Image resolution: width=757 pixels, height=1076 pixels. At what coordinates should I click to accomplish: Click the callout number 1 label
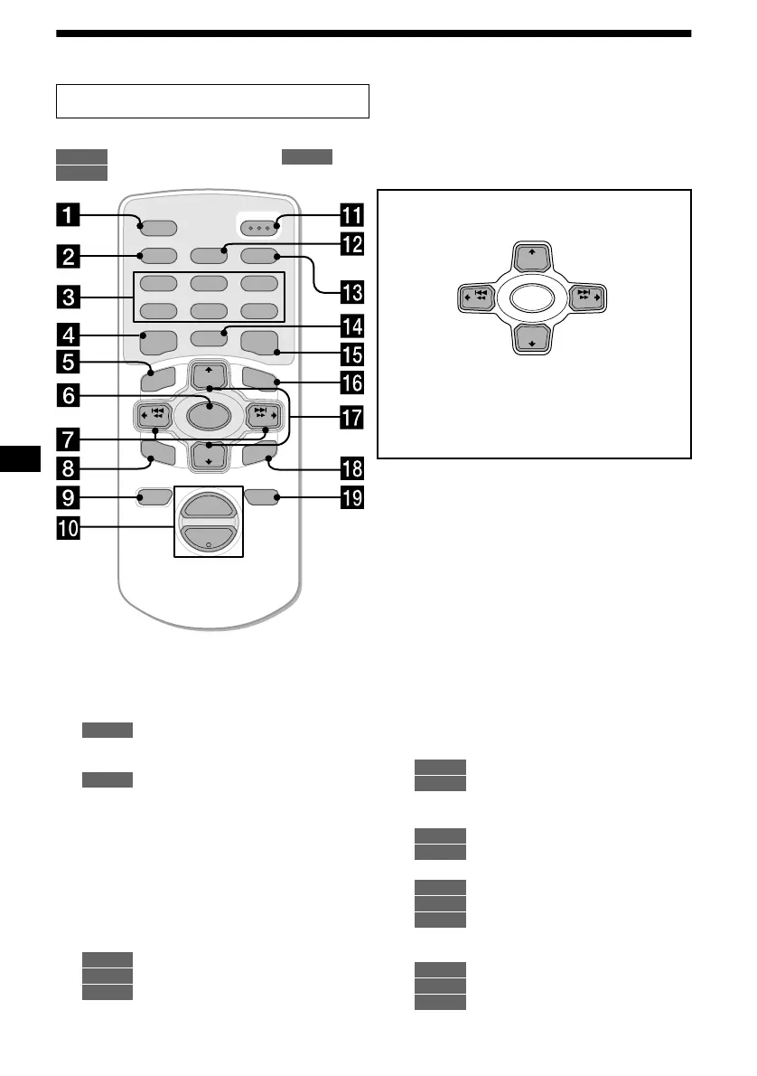click(69, 218)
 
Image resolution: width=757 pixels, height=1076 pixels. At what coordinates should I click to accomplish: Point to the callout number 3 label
click(69, 296)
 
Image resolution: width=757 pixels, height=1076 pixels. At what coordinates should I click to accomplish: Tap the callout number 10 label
click(69, 528)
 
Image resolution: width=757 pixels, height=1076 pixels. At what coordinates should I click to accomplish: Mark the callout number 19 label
click(351, 496)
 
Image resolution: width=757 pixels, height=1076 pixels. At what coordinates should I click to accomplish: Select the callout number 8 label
click(69, 468)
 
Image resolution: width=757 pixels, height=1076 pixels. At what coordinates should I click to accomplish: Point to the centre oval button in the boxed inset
click(532, 298)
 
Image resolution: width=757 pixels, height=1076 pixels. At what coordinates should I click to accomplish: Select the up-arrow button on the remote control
click(209, 374)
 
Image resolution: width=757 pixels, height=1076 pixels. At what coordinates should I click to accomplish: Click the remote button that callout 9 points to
click(153, 496)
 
